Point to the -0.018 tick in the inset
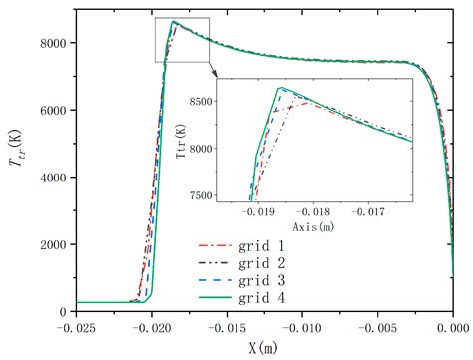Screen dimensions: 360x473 point(316,211)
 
